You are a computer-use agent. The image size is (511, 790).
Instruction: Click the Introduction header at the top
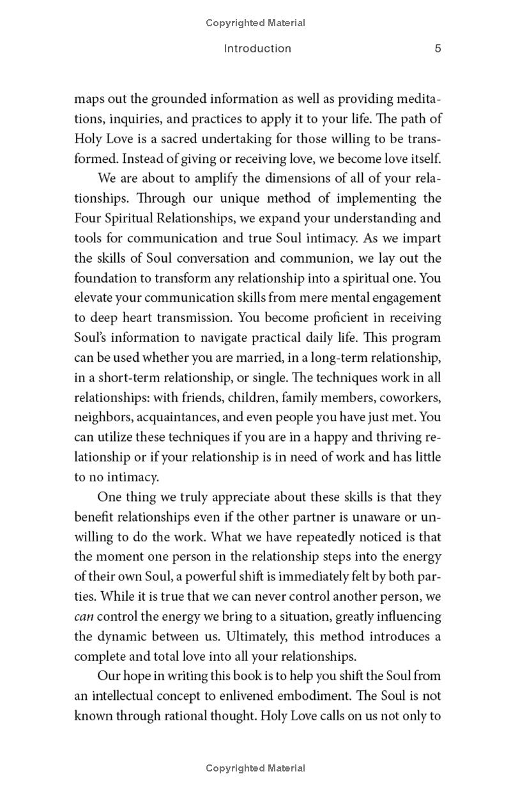click(x=257, y=49)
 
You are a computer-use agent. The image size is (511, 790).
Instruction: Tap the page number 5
click(x=438, y=49)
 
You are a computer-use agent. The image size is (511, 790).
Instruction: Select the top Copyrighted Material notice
click(x=256, y=23)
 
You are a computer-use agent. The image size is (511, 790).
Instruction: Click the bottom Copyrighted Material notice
click(x=256, y=768)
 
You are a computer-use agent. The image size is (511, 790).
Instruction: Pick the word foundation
click(x=105, y=278)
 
